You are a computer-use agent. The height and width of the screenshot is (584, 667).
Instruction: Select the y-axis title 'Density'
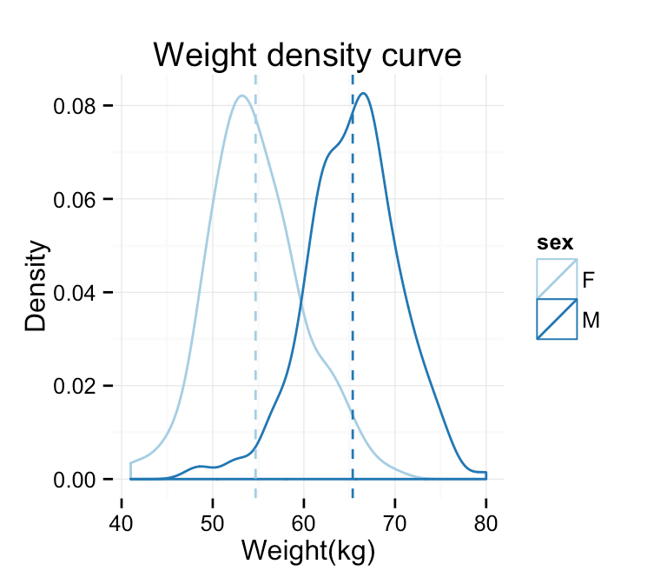pos(36,286)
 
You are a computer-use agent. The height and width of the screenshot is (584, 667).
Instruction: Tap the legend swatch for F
pos(557,278)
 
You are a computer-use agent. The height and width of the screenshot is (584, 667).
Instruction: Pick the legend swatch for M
pos(557,319)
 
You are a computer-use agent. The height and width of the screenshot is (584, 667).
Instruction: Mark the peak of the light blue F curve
pos(241,96)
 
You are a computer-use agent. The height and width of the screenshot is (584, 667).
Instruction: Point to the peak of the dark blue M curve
pos(363,93)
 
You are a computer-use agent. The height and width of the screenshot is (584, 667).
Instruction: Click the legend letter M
pos(591,320)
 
